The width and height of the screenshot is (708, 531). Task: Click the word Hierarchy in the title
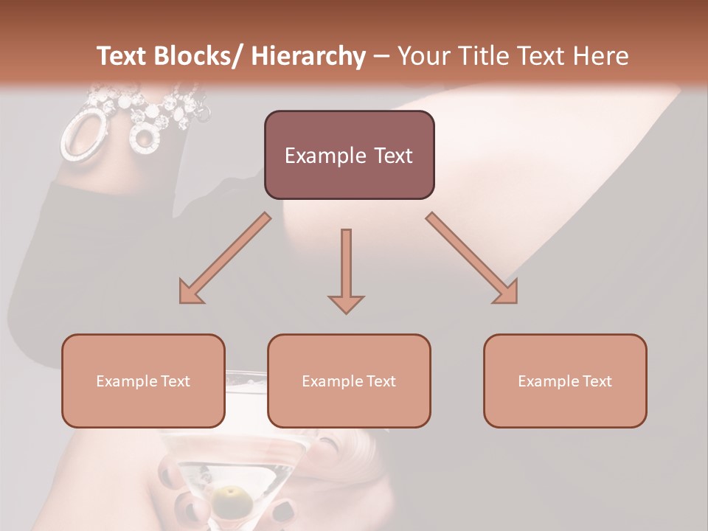click(x=308, y=56)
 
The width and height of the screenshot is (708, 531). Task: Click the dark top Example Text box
click(x=349, y=155)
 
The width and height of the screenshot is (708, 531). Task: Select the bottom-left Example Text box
click(x=143, y=381)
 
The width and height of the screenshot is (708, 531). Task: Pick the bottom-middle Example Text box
click(x=349, y=381)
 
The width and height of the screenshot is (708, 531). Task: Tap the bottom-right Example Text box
click(x=565, y=381)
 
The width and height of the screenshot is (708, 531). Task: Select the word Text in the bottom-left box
click(x=172, y=381)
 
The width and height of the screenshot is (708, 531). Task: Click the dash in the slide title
click(x=381, y=56)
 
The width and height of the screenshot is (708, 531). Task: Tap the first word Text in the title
click(x=122, y=56)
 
